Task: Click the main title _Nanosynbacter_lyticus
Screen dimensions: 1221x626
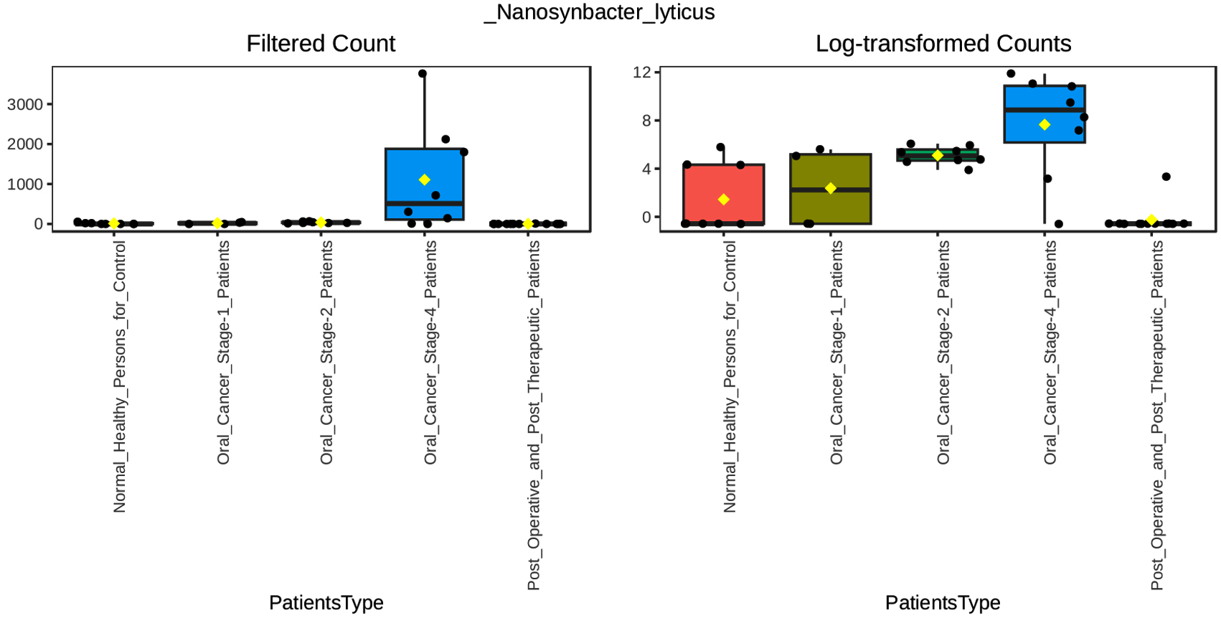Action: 599,12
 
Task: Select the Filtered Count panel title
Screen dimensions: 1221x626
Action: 321,44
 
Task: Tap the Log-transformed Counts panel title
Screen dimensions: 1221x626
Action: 943,44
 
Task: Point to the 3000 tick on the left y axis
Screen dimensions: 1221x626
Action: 25,105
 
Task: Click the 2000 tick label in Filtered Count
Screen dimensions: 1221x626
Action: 25,144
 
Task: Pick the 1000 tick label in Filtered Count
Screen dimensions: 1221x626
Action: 25,184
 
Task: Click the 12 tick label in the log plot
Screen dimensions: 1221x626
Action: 641,72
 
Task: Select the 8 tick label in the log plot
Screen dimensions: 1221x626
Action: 646,121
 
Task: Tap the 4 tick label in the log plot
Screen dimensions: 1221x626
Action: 646,169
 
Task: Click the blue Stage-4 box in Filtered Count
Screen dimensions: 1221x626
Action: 425,184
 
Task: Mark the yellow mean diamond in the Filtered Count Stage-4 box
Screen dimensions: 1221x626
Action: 425,180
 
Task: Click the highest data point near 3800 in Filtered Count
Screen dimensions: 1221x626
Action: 423,74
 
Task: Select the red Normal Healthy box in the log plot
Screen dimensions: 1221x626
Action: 724,194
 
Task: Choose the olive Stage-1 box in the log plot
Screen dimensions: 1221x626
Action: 831,189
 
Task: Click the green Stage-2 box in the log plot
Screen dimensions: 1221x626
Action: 938,155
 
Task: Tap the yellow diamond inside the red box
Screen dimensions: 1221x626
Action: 724,200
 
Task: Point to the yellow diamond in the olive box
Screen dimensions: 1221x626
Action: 831,188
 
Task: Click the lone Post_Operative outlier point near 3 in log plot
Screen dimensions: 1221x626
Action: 1166,177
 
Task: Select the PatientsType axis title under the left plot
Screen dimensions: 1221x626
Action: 326,602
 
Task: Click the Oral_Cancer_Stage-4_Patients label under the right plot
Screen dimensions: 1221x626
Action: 1050,352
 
